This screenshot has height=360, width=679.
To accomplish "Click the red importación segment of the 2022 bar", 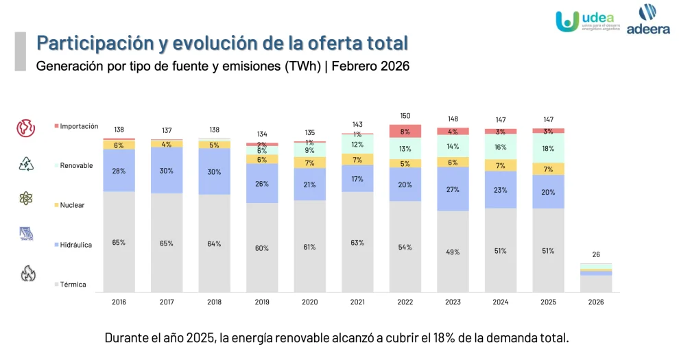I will (x=405, y=131).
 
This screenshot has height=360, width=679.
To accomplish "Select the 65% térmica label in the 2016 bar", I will (x=119, y=242).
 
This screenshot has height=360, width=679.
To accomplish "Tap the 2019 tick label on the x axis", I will (x=262, y=302).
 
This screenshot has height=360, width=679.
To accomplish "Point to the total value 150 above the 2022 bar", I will (x=405, y=116).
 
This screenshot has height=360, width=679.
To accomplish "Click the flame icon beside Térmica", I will (x=28, y=274).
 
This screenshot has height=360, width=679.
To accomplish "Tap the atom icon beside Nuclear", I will (x=26, y=198).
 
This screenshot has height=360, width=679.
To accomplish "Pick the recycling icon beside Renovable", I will (x=26, y=163).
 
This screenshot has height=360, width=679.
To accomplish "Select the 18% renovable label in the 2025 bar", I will (x=548, y=149).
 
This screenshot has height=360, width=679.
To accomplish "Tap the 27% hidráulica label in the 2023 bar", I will (x=453, y=190).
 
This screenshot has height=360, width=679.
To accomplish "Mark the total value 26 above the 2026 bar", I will (x=596, y=254).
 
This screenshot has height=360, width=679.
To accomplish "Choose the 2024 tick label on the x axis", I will (x=500, y=302).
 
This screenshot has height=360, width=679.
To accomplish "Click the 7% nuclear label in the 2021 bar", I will (x=357, y=160).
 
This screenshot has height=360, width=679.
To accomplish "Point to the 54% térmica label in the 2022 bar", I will (x=405, y=247).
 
